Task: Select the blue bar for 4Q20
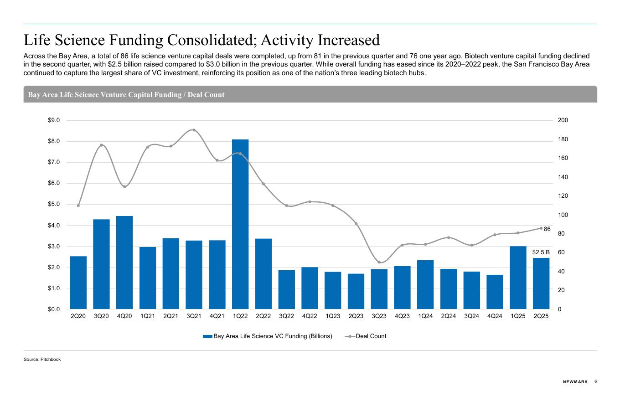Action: (x=124, y=262)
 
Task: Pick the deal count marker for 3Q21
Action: (x=194, y=130)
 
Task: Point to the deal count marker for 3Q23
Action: (x=379, y=262)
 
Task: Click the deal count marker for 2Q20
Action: (x=78, y=206)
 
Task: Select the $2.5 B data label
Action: (x=541, y=252)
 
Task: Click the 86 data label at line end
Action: (x=547, y=229)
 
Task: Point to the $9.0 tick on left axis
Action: (x=54, y=120)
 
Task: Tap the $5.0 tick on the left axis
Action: (x=54, y=204)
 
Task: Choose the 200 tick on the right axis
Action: (x=563, y=120)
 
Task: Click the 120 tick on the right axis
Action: (x=563, y=196)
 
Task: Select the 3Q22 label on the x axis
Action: (x=286, y=316)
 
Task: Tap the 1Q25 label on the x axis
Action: (x=518, y=316)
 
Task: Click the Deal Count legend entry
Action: (x=371, y=336)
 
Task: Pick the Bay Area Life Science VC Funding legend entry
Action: (x=272, y=336)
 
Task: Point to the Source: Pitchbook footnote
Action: (x=42, y=360)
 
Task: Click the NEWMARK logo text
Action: (x=575, y=382)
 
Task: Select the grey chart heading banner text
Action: (x=126, y=95)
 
